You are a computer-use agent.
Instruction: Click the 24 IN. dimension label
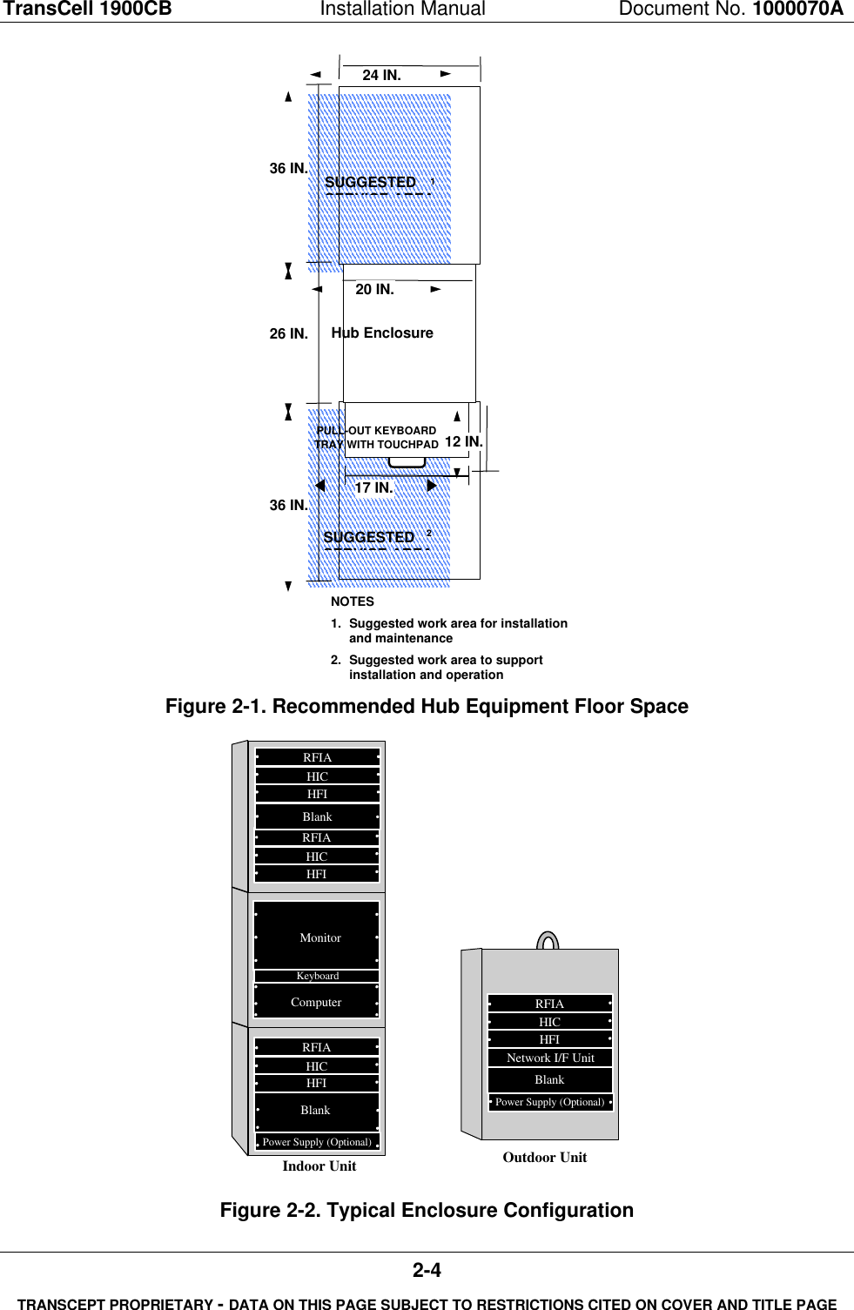pyautogui.click(x=381, y=76)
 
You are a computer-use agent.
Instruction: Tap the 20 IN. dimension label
pyautogui.click(x=374, y=290)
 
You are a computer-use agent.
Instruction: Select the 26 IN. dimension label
pyautogui.click(x=288, y=334)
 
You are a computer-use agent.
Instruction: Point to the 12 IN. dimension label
pyautogui.click(x=463, y=442)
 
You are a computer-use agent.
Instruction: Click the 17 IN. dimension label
pyautogui.click(x=373, y=488)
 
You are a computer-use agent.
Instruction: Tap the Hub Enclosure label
pyautogui.click(x=382, y=333)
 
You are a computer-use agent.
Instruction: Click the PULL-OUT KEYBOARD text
pyautogui.click(x=376, y=431)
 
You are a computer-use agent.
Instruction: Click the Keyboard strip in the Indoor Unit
pyautogui.click(x=317, y=976)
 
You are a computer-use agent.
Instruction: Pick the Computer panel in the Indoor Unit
pyautogui.click(x=317, y=1002)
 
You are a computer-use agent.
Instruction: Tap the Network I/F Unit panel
pyautogui.click(x=550, y=1058)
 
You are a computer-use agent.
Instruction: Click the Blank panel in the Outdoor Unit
pyautogui.click(x=549, y=1079)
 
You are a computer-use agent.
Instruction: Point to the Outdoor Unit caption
pyautogui.click(x=545, y=1157)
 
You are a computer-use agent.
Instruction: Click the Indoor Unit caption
pyautogui.click(x=319, y=1166)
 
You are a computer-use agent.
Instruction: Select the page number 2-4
pyautogui.click(x=427, y=1271)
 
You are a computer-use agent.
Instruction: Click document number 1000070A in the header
pyautogui.click(x=797, y=10)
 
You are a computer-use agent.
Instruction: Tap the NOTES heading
pyautogui.click(x=353, y=601)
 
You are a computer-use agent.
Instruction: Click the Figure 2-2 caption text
pyautogui.click(x=427, y=1210)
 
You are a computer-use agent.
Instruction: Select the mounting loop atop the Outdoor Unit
pyautogui.click(x=548, y=941)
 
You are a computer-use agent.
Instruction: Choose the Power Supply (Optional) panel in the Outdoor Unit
pyautogui.click(x=550, y=1102)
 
